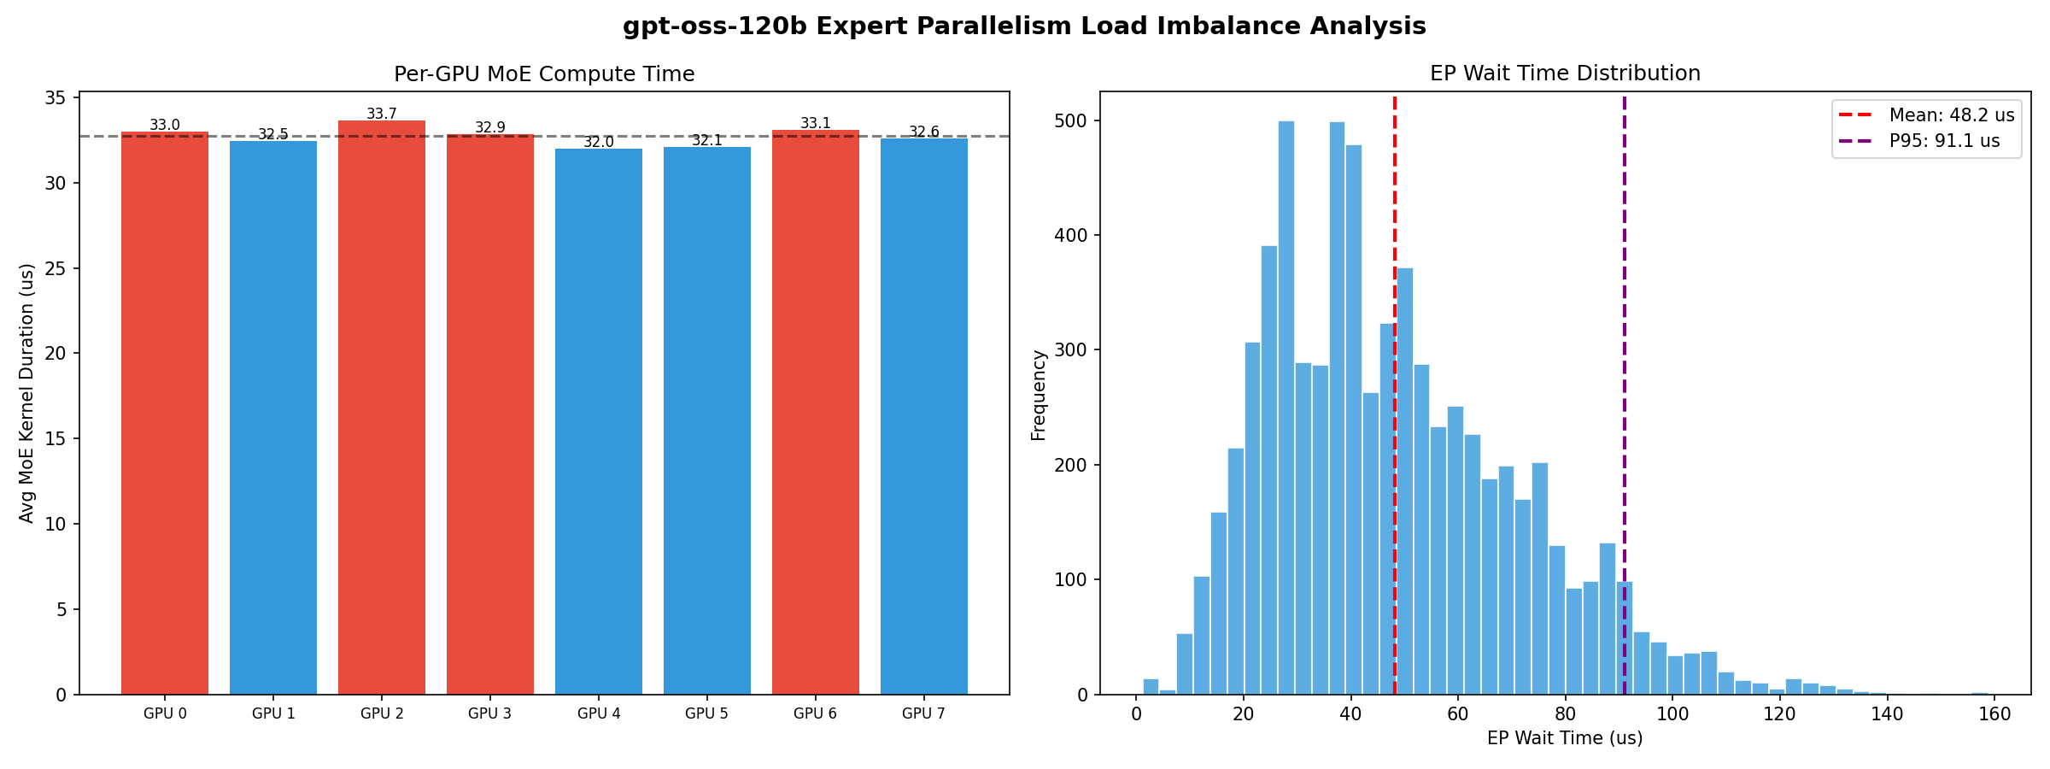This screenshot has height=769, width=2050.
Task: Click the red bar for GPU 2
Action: tap(382, 410)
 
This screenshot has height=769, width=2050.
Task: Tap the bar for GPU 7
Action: tap(924, 419)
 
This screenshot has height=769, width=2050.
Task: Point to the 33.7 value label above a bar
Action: tap(382, 114)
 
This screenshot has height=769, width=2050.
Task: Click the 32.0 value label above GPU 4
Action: tap(599, 142)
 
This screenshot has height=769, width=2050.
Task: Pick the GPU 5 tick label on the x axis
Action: tap(706, 713)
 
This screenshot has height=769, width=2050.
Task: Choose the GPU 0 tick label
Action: tap(165, 713)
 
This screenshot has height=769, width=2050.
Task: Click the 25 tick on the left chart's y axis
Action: tap(56, 268)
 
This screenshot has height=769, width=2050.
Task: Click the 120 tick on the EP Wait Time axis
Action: tap(1780, 714)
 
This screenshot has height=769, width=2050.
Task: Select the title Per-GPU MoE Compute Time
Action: tap(544, 74)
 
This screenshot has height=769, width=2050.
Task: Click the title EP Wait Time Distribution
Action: tap(1565, 73)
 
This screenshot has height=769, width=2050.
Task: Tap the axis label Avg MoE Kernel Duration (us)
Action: tap(27, 393)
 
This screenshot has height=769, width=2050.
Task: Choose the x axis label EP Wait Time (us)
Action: tap(1565, 738)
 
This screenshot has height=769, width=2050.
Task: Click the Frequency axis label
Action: tap(1039, 395)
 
